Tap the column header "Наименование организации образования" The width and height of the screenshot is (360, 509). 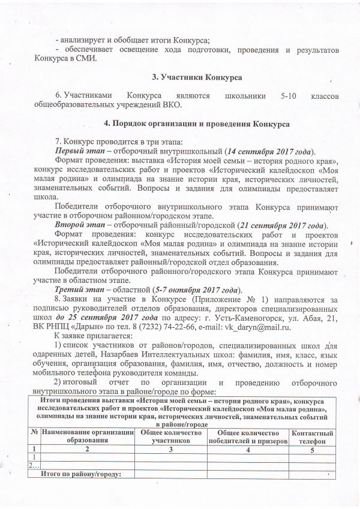click(x=86, y=436)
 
